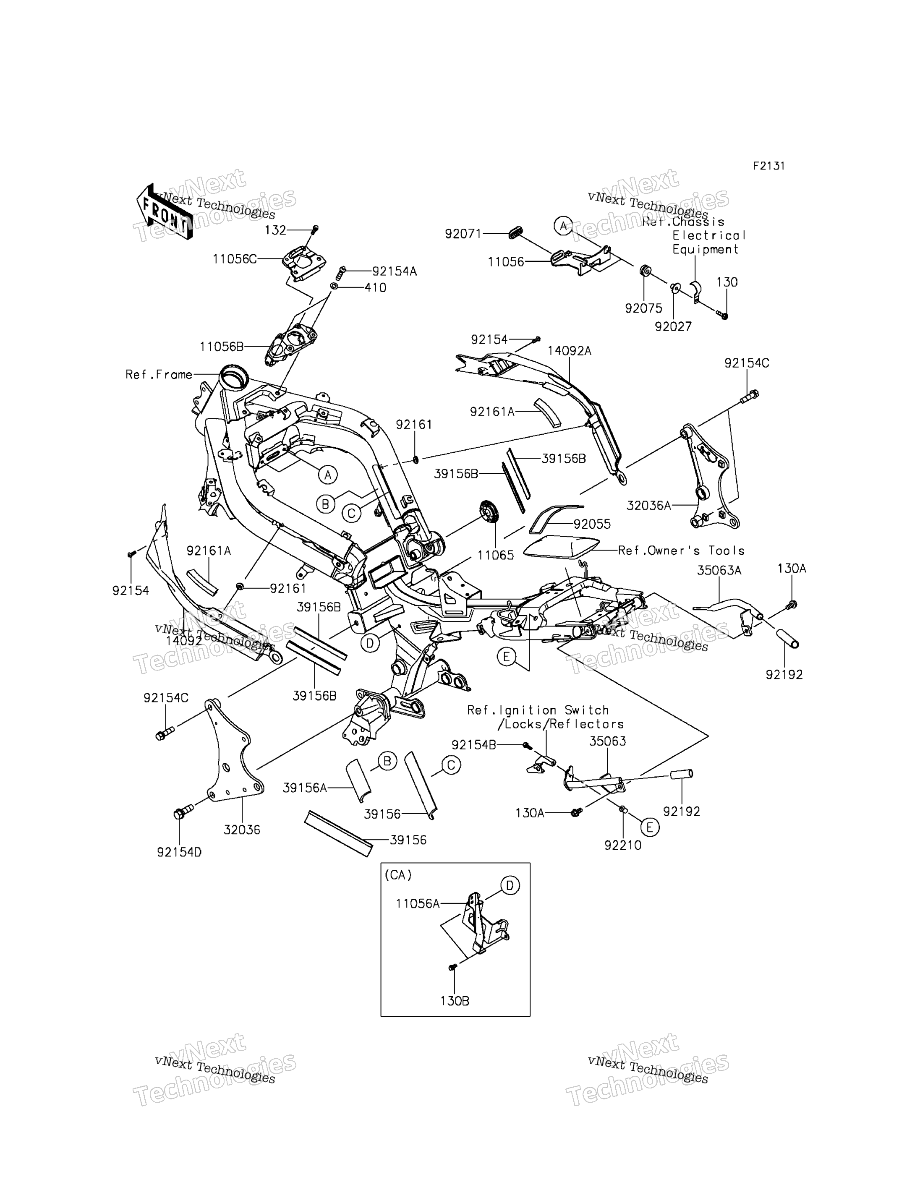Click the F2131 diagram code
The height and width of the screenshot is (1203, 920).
click(x=768, y=166)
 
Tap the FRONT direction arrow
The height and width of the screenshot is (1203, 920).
click(x=164, y=211)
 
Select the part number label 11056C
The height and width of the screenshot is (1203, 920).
click(x=234, y=259)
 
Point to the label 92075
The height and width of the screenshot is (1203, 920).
click(x=643, y=308)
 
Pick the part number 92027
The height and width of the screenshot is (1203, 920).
click(x=673, y=326)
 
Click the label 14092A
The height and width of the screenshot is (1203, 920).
click(x=569, y=351)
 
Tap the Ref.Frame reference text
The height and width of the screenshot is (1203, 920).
click(x=159, y=375)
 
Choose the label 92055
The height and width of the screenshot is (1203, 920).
click(x=592, y=524)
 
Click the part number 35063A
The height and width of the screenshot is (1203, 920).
click(x=719, y=571)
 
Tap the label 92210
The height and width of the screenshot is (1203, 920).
click(x=623, y=845)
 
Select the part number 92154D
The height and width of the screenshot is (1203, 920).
click(x=179, y=853)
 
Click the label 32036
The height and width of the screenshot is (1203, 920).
click(x=241, y=830)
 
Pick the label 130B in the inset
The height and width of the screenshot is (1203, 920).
click(x=455, y=1001)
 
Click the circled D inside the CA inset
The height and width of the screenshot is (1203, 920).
click(x=510, y=885)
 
